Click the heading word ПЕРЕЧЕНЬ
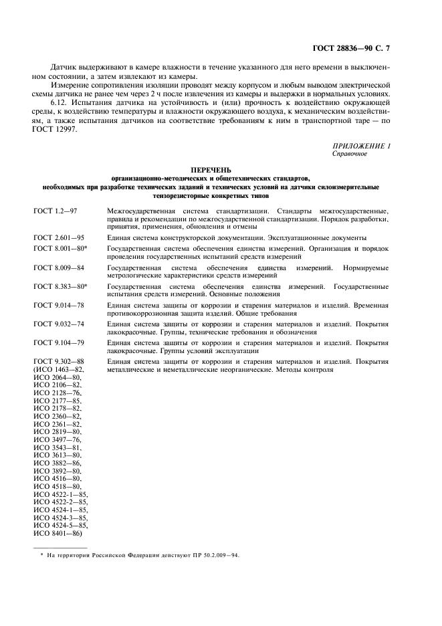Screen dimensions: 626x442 221,171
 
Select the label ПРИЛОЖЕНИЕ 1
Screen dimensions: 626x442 360,146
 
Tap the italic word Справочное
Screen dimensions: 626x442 348,153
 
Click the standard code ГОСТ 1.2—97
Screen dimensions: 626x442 56,211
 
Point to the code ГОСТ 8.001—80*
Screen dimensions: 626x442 60,248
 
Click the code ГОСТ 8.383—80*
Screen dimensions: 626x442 60,286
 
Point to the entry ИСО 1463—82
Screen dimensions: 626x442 59,370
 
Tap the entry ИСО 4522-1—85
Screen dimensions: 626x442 60,494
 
